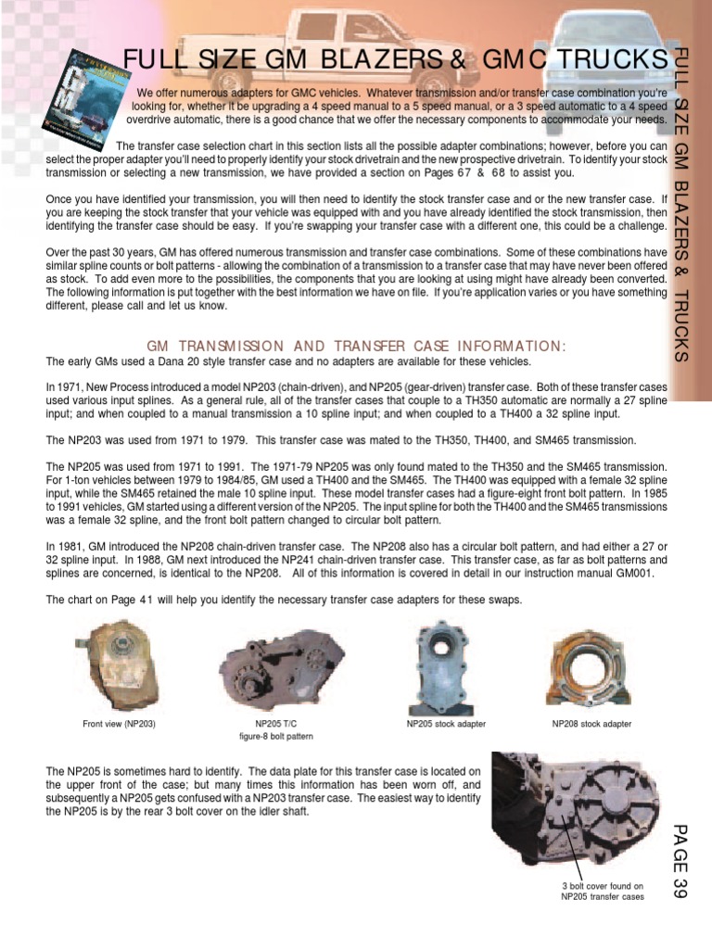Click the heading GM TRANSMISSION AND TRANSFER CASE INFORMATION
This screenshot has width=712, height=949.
click(x=356, y=346)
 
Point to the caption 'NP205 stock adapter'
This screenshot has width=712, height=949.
click(x=447, y=724)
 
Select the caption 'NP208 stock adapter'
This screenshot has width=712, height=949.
click(x=591, y=724)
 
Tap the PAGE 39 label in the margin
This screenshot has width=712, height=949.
click(x=681, y=861)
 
